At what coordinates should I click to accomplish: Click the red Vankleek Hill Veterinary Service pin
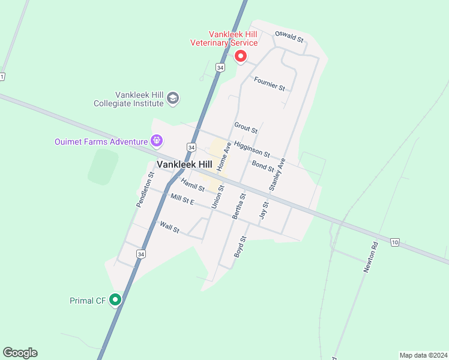[241, 56]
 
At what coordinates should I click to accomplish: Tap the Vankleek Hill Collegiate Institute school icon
[173, 98]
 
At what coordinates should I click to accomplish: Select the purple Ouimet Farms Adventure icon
[157, 142]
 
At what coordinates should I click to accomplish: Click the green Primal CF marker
[115, 299]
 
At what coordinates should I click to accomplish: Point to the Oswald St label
[289, 37]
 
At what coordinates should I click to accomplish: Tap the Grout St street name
[246, 128]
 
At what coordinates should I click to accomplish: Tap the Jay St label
[264, 210]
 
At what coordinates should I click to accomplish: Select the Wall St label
[169, 227]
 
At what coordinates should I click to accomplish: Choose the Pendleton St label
[145, 190]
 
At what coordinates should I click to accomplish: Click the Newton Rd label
[371, 257]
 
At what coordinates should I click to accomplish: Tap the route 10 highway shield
[394, 242]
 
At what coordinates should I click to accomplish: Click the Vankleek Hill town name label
[184, 164]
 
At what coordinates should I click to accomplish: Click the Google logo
[20, 353]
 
